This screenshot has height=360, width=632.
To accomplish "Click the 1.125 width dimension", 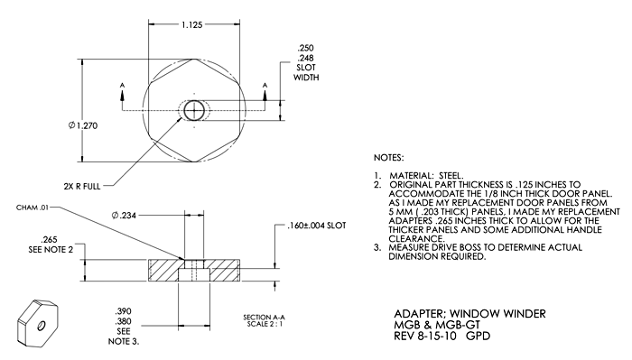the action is click(191, 25).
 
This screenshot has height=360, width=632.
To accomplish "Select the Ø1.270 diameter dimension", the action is click(83, 125).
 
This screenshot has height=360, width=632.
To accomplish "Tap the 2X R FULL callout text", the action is click(82, 187).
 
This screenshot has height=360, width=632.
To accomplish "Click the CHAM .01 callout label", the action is click(33, 208).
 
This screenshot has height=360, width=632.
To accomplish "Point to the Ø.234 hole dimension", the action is click(124, 216).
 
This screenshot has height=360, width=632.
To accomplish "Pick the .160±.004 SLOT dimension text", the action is click(317, 226).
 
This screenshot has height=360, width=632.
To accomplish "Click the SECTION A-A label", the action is click(264, 318).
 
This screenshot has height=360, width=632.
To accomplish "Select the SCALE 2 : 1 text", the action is click(265, 324).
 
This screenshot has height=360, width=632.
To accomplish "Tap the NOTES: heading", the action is click(388, 158).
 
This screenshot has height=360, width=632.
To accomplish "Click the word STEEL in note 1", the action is click(451, 176).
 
